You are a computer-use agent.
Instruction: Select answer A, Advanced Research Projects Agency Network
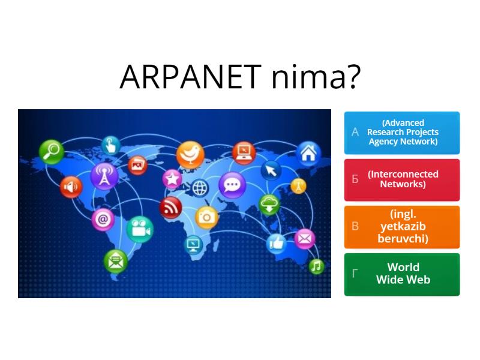tap(402, 133)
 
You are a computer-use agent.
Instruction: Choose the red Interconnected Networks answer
tap(402, 179)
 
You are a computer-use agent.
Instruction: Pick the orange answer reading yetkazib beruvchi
tap(402, 227)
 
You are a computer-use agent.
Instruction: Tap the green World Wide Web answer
tap(402, 274)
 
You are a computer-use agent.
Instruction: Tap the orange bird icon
tap(190, 154)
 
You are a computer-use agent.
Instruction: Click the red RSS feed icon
tap(171, 208)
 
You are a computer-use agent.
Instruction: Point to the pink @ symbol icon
tap(103, 220)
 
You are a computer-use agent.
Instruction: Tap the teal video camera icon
tap(140, 229)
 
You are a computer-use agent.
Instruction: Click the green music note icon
tap(316, 266)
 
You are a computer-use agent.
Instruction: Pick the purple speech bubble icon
tap(232, 184)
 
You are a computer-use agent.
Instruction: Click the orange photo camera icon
tap(206, 215)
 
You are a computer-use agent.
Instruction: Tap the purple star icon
tap(172, 178)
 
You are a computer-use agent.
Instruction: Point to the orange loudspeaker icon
tap(71, 187)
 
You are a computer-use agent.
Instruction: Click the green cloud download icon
tap(269, 205)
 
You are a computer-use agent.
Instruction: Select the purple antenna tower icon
tap(104, 176)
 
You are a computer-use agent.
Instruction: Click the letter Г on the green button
tap(355, 274)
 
